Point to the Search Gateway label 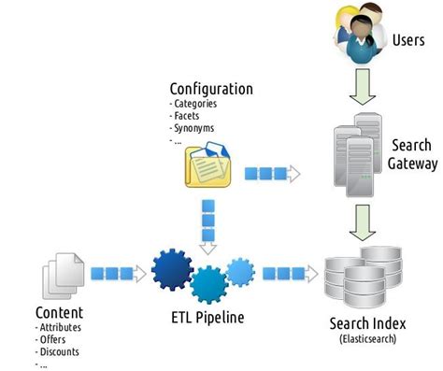click(x=412, y=155)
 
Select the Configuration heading click(x=211, y=90)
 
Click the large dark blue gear click(x=174, y=270)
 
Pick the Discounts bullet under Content click(x=60, y=352)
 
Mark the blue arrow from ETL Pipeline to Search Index click(x=287, y=273)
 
